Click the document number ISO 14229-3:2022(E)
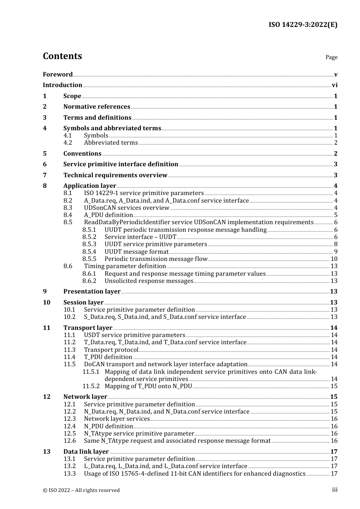click(x=303, y=25)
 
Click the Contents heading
click(x=62, y=56)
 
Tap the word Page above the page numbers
click(x=331, y=57)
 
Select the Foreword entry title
click(x=58, y=74)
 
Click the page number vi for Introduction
click(x=335, y=85)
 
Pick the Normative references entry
click(x=97, y=107)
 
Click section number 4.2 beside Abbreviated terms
click(x=68, y=143)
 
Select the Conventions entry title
click(x=82, y=154)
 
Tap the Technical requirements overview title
click(x=115, y=175)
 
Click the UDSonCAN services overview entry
click(x=127, y=208)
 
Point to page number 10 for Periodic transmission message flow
click(x=334, y=259)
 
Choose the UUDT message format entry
click(x=136, y=252)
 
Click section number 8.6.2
click(x=89, y=281)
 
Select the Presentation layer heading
click(x=92, y=292)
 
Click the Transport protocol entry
click(x=111, y=350)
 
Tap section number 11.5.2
click(x=91, y=386)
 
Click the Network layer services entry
click(x=117, y=419)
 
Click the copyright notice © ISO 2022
click(x=81, y=490)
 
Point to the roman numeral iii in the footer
click(x=335, y=490)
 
